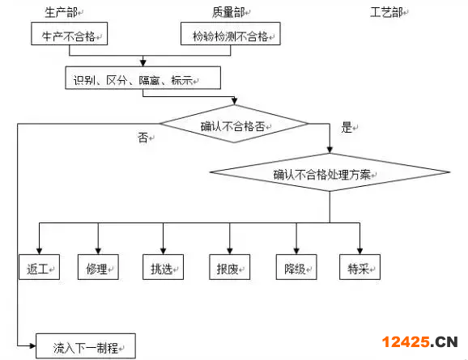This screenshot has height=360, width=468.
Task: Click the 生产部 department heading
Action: tap(62, 12)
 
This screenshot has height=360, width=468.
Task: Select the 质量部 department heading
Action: tap(228, 12)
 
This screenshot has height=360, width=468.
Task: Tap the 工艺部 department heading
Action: tap(386, 12)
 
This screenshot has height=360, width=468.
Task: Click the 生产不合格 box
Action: tap(70, 34)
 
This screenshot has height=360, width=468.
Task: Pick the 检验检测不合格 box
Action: tap(231, 34)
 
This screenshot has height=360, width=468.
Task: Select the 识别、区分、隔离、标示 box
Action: tap(143, 78)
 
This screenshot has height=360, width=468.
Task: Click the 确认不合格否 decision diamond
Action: tap(234, 124)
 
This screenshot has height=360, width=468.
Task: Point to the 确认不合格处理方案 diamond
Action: tap(330, 172)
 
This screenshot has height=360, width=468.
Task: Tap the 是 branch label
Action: tap(347, 127)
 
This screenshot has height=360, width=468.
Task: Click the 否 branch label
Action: tap(143, 138)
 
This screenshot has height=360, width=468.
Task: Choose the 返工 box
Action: tap(40, 267)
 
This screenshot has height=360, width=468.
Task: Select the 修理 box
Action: tap(98, 267)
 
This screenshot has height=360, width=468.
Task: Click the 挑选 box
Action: tap(163, 267)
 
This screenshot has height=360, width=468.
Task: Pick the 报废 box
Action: tap(229, 267)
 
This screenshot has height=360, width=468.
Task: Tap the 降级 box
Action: tap(296, 267)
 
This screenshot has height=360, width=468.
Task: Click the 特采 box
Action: tap(360, 267)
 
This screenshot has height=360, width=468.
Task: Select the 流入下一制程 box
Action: tap(86, 346)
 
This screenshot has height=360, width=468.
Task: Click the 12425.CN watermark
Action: tap(420, 342)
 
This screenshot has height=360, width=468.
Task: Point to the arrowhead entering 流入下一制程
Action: tap(32, 346)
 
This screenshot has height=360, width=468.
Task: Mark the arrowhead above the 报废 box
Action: tap(229, 251)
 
